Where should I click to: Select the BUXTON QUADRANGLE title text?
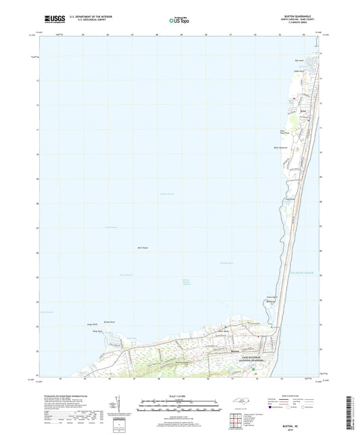[x=301, y=14]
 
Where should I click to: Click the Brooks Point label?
[x=111, y=322]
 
